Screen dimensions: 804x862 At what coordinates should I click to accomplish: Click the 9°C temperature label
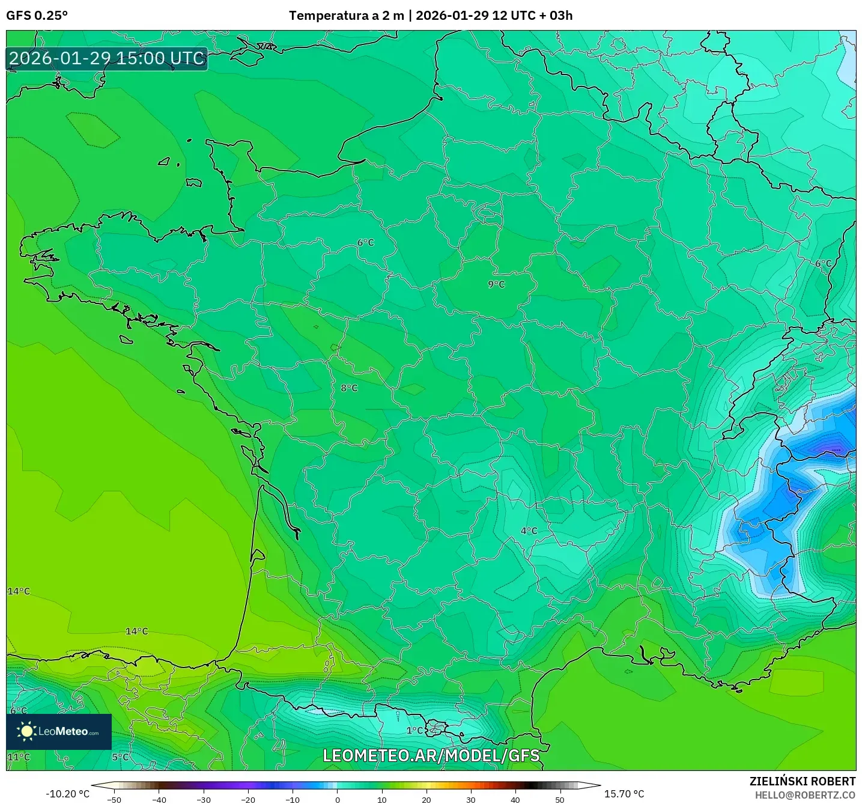pos(496,284)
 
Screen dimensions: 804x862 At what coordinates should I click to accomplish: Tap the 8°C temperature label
pos(349,388)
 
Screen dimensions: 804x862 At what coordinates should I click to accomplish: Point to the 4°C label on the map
pos(529,531)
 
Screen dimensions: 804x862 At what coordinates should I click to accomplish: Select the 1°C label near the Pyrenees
pos(414,731)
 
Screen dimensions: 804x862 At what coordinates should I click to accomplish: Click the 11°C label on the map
pos(19,757)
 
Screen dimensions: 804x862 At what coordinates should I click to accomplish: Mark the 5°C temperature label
pos(120,757)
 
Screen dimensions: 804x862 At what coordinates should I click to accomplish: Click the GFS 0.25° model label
pos(37,16)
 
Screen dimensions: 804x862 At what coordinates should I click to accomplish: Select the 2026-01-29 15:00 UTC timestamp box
pos(107,58)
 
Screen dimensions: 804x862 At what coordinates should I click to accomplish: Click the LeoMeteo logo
pos(59,731)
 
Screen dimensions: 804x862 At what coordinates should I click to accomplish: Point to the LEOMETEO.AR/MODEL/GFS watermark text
pos(431,755)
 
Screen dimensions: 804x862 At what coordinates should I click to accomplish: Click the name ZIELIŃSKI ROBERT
pos(802,781)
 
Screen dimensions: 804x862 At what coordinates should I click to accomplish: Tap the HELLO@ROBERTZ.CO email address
pos(805,795)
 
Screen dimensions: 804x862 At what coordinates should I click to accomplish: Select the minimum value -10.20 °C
pos(67,794)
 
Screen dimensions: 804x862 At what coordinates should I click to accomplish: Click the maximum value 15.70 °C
pos(624,794)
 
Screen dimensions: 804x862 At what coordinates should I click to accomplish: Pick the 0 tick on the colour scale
pos(337,800)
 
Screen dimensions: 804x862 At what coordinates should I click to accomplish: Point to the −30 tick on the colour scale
pos(203,800)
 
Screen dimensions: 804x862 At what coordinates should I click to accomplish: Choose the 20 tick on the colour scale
pos(426,800)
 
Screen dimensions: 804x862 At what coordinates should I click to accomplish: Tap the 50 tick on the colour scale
pos(559,800)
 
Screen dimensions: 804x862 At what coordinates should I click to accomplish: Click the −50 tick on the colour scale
pos(114,800)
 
